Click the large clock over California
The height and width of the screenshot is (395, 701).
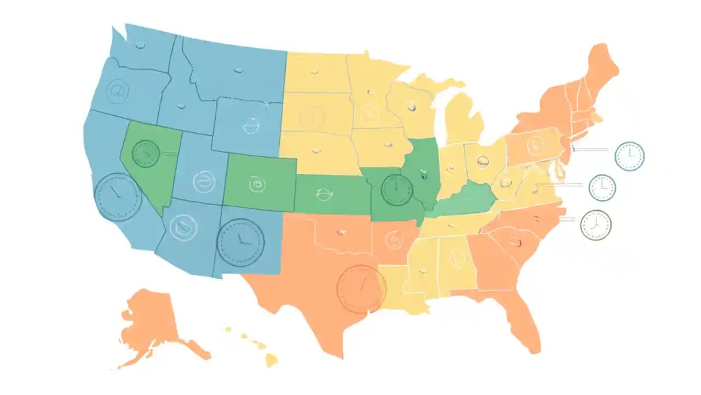tap(118, 197)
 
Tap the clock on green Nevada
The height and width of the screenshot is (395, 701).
tap(146, 153)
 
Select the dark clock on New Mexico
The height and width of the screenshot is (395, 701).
tap(240, 242)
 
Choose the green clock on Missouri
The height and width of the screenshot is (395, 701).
tap(397, 190)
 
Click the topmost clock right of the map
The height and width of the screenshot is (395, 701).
tap(629, 156)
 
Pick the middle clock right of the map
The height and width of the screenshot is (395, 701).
tap(602, 188)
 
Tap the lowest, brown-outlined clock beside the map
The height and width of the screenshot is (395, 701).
tap(596, 225)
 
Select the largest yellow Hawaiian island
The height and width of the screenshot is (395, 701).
tap(272, 359)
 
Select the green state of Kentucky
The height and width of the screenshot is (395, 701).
tap(466, 203)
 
